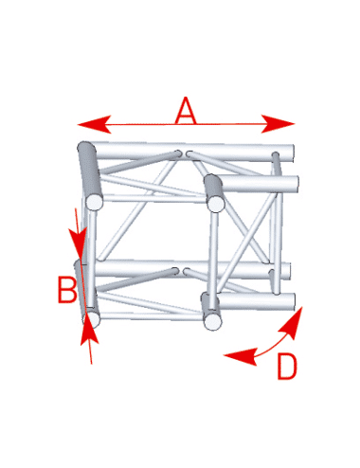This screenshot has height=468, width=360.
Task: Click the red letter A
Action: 186,110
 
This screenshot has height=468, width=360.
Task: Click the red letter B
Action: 67,289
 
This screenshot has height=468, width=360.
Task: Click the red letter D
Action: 287,367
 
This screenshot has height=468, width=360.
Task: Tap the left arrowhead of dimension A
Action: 94,124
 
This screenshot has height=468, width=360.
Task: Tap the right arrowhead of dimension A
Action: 278,124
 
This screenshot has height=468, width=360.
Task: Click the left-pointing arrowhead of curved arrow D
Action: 240,356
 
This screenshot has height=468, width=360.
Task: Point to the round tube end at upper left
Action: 95,203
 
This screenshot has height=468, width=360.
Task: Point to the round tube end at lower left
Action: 92,318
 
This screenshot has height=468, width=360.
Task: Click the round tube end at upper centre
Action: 216,204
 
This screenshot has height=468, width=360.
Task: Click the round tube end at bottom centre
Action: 212,322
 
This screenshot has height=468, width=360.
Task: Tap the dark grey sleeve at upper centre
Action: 213,187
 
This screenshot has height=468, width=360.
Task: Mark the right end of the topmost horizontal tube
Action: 293,153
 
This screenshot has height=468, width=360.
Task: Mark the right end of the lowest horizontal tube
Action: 294,302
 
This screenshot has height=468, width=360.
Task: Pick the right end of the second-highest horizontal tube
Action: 297,184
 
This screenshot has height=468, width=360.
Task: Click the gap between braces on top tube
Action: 184,153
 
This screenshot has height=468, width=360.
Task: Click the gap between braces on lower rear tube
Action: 181,271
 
